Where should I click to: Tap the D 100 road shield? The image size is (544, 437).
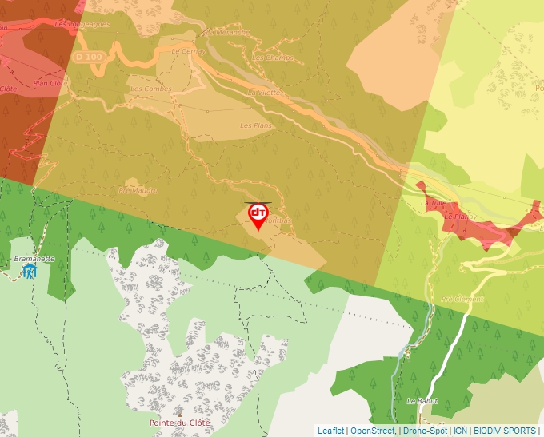[88, 58]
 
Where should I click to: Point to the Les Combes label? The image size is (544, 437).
[150, 89]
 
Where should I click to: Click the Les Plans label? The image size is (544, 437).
[256, 125]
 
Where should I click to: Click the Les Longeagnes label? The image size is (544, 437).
[82, 24]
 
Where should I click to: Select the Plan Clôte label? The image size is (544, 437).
[48, 83]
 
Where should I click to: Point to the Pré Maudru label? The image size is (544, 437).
[138, 190]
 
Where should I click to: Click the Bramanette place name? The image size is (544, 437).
[34, 259]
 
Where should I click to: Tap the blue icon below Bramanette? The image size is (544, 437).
[30, 272]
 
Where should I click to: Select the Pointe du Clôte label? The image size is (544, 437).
[179, 423]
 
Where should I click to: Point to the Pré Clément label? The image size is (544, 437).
[458, 299]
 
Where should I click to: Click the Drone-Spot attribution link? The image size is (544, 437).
[425, 431]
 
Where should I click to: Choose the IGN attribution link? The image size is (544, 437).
[460, 431]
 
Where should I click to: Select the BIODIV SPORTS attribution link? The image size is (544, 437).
[505, 431]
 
